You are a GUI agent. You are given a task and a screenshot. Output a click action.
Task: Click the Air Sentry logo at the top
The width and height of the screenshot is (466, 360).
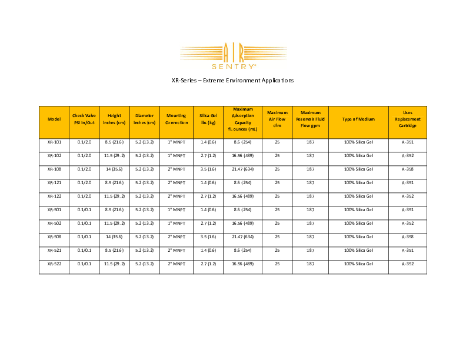tap(233, 55)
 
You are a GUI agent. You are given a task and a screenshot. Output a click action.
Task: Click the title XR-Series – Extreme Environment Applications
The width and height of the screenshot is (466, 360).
tap(232, 80)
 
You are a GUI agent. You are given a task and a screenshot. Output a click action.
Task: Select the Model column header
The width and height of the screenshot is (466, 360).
tap(54, 119)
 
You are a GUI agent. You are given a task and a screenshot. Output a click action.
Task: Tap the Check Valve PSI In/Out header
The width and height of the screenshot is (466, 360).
tap(84, 119)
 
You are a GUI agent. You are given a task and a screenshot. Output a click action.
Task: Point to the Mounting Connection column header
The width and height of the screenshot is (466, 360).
tap(177, 119)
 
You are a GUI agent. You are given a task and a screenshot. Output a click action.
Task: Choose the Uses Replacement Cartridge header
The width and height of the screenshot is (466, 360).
tap(407, 119)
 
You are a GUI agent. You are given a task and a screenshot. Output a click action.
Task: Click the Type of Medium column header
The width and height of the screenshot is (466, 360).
tap(358, 119)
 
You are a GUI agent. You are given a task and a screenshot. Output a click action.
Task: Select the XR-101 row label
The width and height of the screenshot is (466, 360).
tap(54, 142)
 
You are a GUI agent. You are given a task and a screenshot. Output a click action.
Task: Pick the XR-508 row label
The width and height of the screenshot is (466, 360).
tap(54, 236)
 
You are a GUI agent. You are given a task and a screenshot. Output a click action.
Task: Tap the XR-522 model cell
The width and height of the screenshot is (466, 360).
tap(54, 264)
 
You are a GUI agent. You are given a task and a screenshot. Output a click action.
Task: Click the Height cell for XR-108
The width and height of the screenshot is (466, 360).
tap(115, 169)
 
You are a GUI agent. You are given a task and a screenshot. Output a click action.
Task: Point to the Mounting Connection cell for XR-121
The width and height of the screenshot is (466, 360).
tap(177, 182)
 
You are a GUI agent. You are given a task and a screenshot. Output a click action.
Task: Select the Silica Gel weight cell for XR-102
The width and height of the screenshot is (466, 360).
tap(208, 156)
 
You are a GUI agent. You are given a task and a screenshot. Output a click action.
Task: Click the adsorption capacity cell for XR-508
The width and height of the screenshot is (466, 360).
tap(242, 236)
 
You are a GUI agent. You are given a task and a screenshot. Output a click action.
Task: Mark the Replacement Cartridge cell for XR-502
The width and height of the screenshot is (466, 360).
tap(407, 223)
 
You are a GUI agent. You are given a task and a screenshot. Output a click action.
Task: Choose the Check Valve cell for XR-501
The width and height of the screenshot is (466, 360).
tap(84, 209)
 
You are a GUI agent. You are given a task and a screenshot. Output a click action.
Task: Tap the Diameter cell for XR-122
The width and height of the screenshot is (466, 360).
tap(145, 196)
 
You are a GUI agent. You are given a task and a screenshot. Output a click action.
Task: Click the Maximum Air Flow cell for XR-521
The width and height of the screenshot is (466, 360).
tap(277, 250)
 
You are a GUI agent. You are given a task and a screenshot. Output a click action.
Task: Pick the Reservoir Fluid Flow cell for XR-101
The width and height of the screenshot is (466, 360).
tap(310, 142)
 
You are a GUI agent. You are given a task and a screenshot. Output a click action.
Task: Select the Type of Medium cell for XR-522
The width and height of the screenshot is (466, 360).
tap(358, 264)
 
